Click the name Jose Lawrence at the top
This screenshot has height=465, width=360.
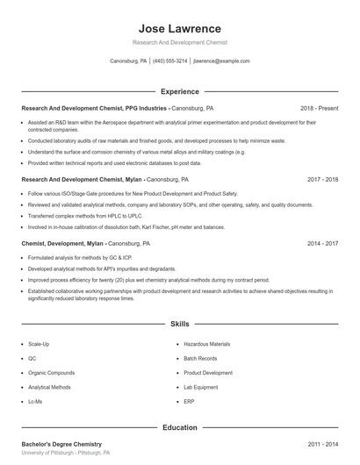click(x=179, y=29)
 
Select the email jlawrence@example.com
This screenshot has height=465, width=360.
click(x=220, y=61)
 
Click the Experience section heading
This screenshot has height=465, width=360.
click(x=179, y=91)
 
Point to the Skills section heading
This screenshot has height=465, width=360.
click(x=179, y=324)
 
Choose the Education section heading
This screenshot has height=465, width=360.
click(x=179, y=427)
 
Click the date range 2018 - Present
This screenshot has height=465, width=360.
click(x=319, y=108)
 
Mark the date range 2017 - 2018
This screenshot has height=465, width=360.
click(x=322, y=178)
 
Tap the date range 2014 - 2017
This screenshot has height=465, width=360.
click(x=322, y=243)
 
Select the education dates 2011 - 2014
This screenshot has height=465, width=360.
click(x=322, y=445)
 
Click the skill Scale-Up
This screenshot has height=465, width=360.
click(x=40, y=345)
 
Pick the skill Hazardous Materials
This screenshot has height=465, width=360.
click(x=207, y=345)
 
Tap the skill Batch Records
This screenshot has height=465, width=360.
click(x=201, y=359)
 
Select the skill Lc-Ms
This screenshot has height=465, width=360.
click(x=37, y=401)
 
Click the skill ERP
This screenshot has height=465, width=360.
click(x=190, y=401)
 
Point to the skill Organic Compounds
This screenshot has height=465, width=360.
click(x=51, y=373)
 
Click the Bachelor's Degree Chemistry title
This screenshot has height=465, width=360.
click(x=61, y=445)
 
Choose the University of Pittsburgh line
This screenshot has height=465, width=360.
click(x=66, y=454)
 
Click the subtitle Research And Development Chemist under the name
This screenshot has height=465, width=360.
click(x=179, y=42)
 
